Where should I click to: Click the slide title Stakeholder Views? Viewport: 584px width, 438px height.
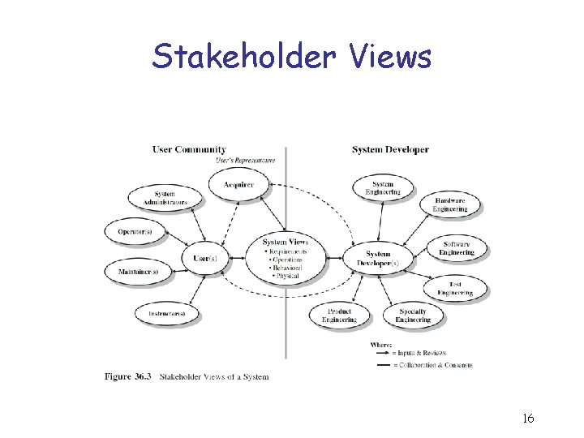tap(292, 57)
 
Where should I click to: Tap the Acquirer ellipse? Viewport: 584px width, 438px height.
tap(238, 185)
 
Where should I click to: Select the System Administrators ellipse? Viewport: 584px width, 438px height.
tap(165, 198)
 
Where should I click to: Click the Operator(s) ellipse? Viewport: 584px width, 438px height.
tap(135, 231)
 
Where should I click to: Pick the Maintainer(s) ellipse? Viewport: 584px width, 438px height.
tap(137, 271)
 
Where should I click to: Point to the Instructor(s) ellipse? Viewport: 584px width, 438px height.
tap(166, 313)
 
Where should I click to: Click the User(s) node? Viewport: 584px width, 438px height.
tap(204, 258)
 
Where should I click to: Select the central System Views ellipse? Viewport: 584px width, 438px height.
tap(286, 259)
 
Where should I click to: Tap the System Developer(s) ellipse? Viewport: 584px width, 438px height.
tap(377, 259)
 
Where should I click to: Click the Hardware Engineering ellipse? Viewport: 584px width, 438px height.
tap(449, 204)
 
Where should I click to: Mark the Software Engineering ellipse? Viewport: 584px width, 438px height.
tap(457, 247)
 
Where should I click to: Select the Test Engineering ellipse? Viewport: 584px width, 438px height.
tap(455, 288)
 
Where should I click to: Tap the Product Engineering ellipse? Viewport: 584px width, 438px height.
tap(339, 316)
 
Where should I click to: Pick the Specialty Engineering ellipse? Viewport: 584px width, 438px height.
tap(413, 316)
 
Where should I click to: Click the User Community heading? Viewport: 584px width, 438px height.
tap(189, 149)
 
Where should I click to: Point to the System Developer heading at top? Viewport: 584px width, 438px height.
tap(390, 149)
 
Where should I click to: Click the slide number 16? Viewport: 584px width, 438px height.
tap(527, 419)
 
